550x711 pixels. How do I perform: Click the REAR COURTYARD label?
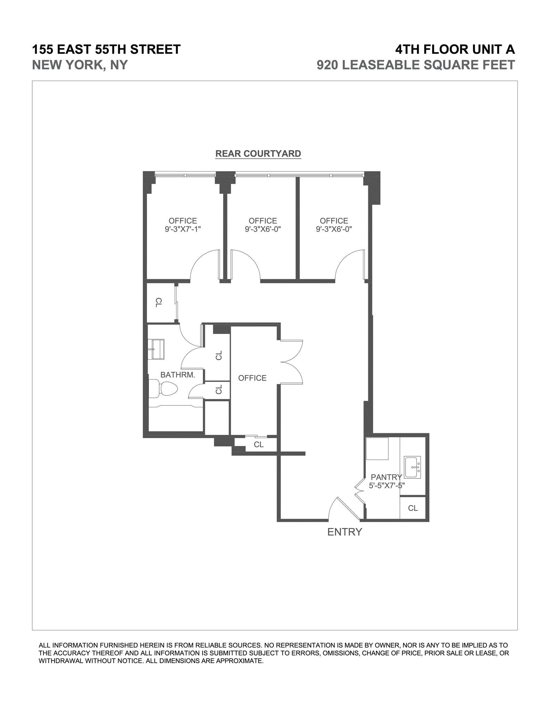(x=258, y=153)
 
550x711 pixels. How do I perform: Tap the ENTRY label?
(x=344, y=532)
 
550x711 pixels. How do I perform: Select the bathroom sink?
(x=156, y=349)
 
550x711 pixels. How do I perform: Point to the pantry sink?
(x=412, y=467)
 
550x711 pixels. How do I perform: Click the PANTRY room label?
(x=386, y=477)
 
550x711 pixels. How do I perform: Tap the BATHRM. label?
(x=178, y=375)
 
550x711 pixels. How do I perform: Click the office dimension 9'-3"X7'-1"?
(x=183, y=229)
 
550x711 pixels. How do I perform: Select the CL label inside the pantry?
(x=413, y=508)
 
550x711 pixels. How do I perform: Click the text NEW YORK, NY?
(x=80, y=65)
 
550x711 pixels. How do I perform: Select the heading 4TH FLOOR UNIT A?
(x=455, y=49)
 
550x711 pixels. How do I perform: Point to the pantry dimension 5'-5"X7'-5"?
(x=386, y=486)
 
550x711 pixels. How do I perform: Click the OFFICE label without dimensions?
(x=252, y=378)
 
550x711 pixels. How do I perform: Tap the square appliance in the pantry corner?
(x=377, y=449)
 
